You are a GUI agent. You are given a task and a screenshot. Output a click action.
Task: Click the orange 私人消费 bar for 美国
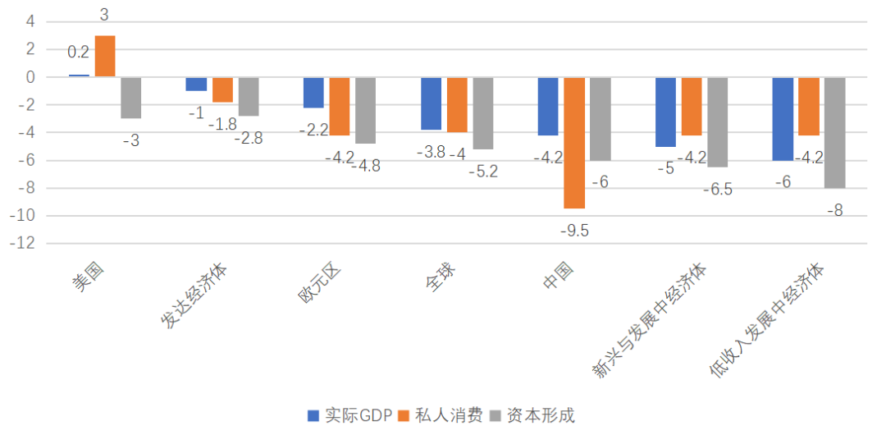coord(105,57)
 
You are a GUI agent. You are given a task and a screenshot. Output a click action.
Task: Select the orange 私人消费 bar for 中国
coord(574,143)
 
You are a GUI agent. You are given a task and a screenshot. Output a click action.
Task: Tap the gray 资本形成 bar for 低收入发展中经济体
coord(835,132)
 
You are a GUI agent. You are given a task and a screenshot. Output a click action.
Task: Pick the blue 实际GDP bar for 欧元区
coord(313,93)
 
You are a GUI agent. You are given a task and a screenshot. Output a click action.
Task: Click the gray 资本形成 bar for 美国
coord(131,98)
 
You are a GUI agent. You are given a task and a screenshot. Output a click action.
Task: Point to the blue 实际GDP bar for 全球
coord(431,103)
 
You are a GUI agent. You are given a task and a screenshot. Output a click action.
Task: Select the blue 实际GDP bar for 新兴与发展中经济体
coord(665,112)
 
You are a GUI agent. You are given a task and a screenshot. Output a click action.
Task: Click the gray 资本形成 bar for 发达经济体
coord(249,97)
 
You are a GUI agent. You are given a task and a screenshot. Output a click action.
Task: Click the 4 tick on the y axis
coord(30,21)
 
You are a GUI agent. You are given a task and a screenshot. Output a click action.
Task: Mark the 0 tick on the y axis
coord(30,77)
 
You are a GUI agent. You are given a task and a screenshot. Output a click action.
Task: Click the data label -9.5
coord(574,231)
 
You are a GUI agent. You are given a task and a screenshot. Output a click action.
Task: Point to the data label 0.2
coord(79,53)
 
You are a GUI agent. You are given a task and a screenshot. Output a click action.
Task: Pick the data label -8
coord(835,210)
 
